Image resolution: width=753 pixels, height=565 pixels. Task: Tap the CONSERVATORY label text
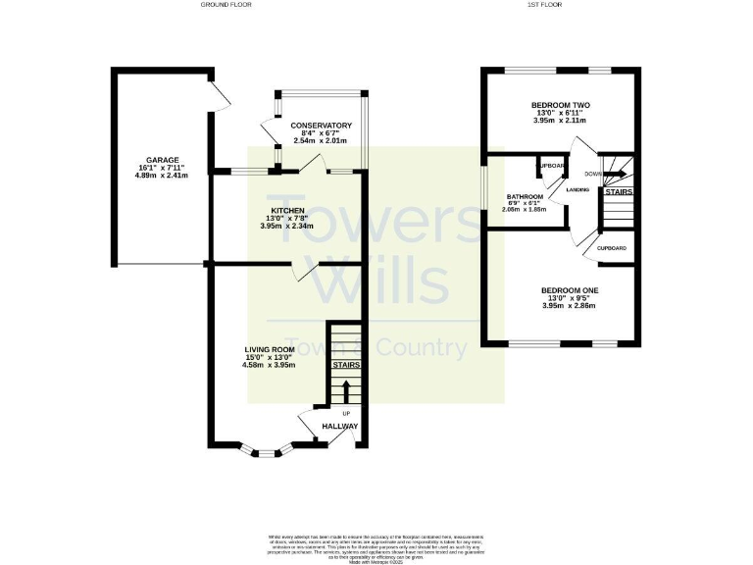[x=321, y=126]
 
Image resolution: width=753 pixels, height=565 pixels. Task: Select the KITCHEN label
[x=287, y=210]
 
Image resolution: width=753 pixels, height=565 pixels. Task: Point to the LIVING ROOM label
[x=270, y=349]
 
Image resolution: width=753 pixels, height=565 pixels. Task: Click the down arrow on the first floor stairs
[x=615, y=176]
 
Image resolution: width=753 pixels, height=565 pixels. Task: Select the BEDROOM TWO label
[x=560, y=105]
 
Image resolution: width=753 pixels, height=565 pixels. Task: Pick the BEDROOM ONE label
[x=570, y=290]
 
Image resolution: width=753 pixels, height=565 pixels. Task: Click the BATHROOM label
[x=525, y=197]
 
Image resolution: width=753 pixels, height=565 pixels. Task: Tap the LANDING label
[x=577, y=189]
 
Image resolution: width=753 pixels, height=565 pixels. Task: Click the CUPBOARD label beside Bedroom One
[x=613, y=249]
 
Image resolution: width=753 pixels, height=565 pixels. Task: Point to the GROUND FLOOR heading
[x=226, y=5]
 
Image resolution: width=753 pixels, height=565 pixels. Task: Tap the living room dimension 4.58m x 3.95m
[x=270, y=366]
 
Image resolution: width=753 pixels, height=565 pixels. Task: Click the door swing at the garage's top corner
[x=221, y=92]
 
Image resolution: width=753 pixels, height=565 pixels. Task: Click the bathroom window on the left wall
[x=483, y=190]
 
